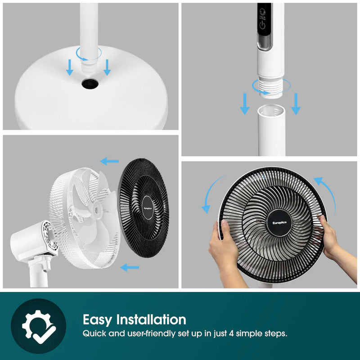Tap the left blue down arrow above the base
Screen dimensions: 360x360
click(x=69, y=67)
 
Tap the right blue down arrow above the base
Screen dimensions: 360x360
click(x=107, y=67)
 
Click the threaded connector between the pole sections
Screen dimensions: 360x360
click(x=270, y=87)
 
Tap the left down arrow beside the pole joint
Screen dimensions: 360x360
click(x=244, y=103)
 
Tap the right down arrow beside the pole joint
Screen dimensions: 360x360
click(x=295, y=103)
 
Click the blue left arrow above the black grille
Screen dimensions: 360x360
click(x=109, y=161)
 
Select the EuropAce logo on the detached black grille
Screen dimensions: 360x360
click(x=148, y=208)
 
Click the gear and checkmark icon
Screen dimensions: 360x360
click(x=38, y=326)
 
